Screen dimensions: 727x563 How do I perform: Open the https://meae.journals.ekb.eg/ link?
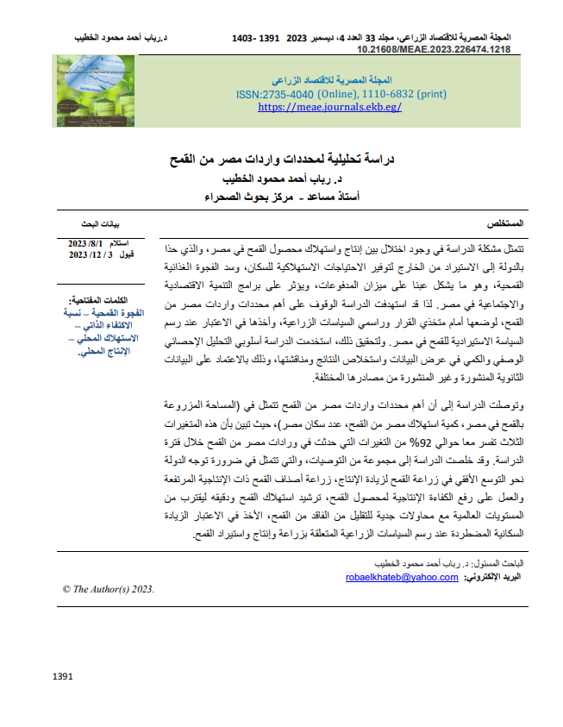[x=330, y=107]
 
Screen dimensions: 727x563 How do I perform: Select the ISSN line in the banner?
[x=331, y=93]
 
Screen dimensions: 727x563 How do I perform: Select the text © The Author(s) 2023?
[x=108, y=589]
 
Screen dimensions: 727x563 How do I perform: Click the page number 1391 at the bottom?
[x=62, y=677]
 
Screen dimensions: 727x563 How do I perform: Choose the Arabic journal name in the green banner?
[x=330, y=78]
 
